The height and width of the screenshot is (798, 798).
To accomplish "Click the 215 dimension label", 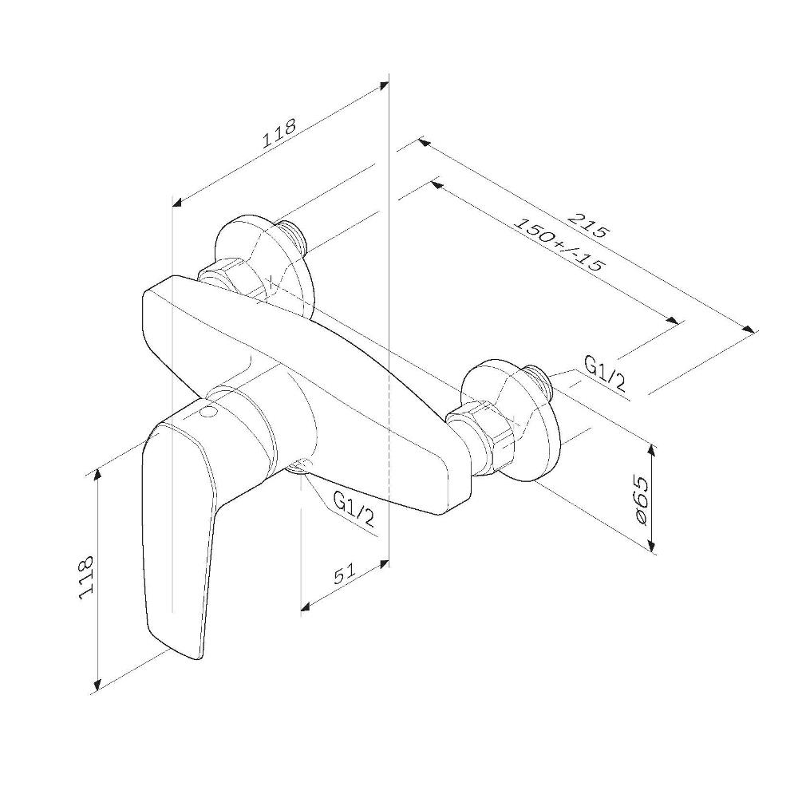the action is [588, 225].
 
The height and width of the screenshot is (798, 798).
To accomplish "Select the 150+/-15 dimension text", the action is [559, 245].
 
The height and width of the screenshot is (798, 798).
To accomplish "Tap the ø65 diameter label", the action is [642, 501].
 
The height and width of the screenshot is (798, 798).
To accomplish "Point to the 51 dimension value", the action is [345, 574].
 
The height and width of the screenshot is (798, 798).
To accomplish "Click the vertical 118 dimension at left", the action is [86, 577].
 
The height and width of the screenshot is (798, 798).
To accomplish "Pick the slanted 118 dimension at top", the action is [279, 133].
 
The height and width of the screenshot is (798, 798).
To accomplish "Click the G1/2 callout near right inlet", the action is [605, 373].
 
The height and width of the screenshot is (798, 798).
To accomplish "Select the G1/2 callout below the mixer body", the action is [354, 508].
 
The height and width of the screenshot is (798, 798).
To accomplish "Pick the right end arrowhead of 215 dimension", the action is [749, 329].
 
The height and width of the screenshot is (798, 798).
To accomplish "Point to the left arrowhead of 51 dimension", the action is [306, 606].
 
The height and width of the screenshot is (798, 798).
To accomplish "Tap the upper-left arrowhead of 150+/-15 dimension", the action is [436, 184].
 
